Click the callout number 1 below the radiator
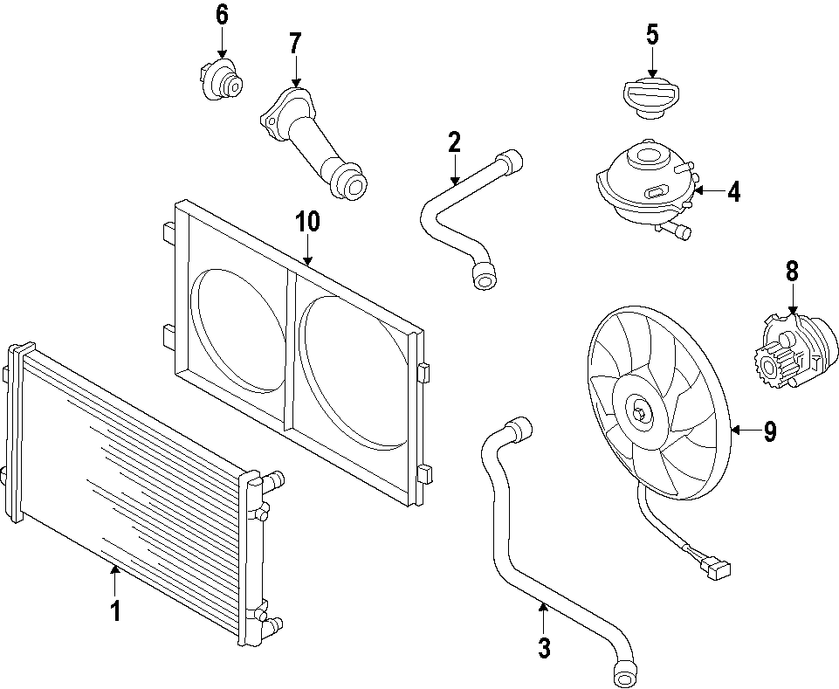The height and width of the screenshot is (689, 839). point(114,610)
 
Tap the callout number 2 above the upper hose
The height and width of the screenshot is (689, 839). point(454,141)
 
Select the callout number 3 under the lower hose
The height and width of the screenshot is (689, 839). point(544,647)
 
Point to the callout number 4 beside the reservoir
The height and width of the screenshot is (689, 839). point(733,192)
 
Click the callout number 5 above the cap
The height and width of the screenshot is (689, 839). point(652,35)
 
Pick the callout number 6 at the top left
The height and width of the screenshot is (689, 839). point(221,15)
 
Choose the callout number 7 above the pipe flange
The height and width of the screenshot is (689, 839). point(295,43)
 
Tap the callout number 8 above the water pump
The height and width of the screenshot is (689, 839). point(792,271)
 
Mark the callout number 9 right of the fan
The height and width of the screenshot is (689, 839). point(769,431)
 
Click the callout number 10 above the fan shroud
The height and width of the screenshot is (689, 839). point(307,222)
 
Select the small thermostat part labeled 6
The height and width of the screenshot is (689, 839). point(220,79)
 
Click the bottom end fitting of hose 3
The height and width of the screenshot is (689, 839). point(625,673)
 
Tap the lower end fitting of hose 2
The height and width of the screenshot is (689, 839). point(484,275)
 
